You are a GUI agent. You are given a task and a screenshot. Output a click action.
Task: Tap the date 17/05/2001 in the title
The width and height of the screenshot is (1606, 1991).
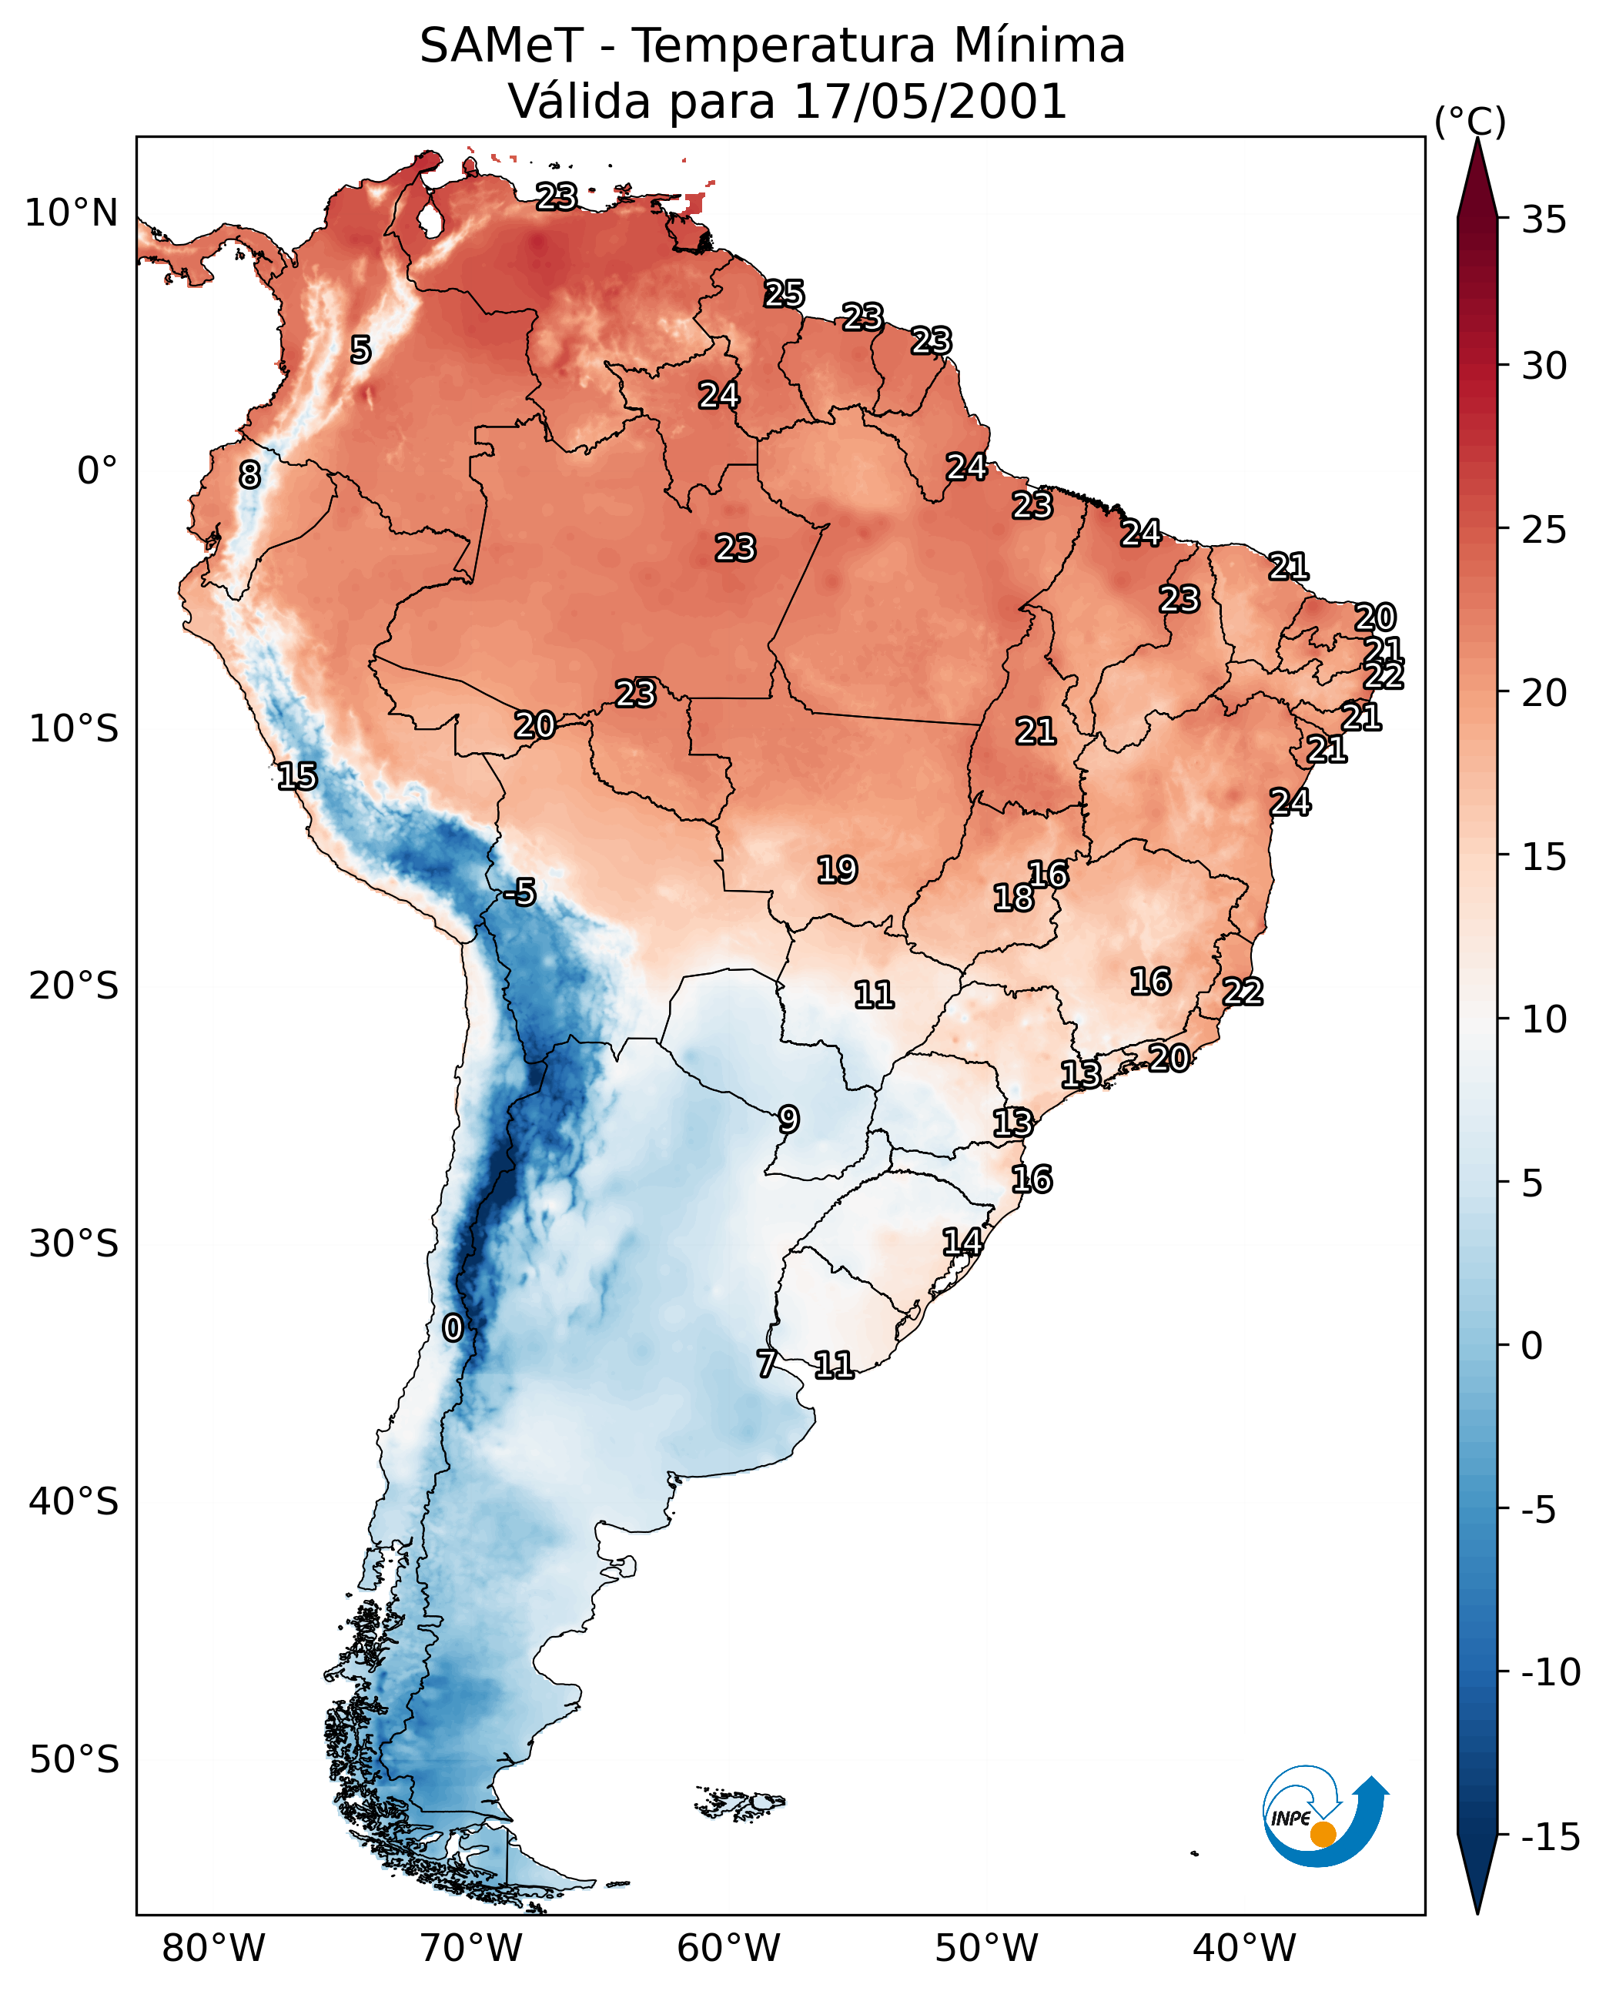pyautogui.click(x=930, y=101)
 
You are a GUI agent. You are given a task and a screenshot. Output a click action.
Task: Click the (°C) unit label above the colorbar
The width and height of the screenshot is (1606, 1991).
pyautogui.click(x=1470, y=121)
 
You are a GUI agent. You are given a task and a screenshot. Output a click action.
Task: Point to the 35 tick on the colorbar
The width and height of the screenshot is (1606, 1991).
pyautogui.click(x=1544, y=219)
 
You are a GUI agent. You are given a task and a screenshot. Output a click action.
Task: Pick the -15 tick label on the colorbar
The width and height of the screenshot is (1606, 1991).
pyautogui.click(x=1549, y=1836)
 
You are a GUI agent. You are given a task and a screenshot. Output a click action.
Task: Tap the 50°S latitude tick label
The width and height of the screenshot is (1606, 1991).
pyautogui.click(x=74, y=1758)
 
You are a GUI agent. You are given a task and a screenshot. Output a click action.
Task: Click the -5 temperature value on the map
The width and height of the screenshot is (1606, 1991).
pyautogui.click(x=520, y=892)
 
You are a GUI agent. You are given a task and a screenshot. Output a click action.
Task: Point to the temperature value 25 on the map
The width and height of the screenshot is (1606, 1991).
pyautogui.click(x=784, y=293)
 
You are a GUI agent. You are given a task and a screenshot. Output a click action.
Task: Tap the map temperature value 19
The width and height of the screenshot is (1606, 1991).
pyautogui.click(x=837, y=870)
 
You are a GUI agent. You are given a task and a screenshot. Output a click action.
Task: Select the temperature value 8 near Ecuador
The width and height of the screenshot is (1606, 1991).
pyautogui.click(x=249, y=474)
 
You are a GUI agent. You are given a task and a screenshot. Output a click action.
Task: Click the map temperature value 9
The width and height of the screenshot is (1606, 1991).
pyautogui.click(x=788, y=1119)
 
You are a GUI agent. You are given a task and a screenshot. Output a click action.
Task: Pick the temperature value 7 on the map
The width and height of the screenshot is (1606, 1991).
pyautogui.click(x=767, y=1364)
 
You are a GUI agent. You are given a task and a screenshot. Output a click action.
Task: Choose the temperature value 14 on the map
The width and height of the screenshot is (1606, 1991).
pyautogui.click(x=962, y=1242)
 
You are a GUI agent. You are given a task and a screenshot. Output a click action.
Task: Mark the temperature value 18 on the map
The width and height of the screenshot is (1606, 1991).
pyautogui.click(x=1013, y=898)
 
